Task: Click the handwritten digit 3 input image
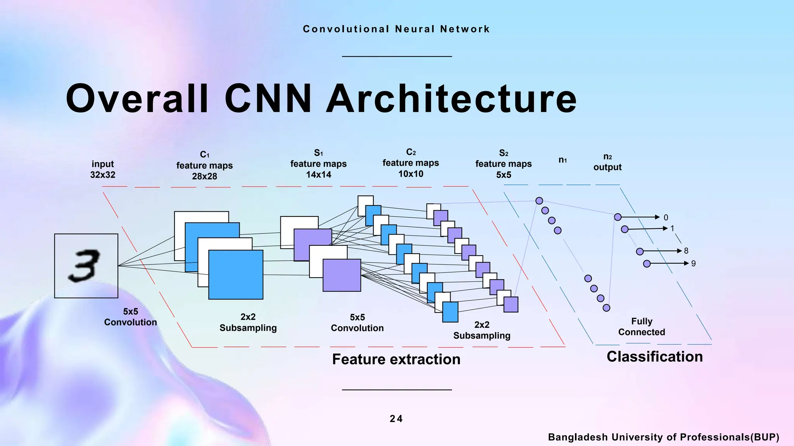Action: (86, 266)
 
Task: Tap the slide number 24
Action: (396, 419)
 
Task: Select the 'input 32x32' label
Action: (103, 170)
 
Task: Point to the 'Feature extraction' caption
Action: (396, 359)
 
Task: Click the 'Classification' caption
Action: (654, 357)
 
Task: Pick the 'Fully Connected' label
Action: (642, 327)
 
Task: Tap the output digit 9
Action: (693, 264)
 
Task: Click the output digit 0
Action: (666, 218)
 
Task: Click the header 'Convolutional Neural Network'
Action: (396, 29)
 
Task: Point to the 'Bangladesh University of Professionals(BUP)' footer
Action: (663, 437)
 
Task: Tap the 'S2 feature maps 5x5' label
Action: (504, 164)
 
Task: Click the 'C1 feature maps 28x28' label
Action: (205, 166)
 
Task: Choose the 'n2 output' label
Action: (608, 162)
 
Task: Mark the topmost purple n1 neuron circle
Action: (539, 201)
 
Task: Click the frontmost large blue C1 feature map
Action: (236, 274)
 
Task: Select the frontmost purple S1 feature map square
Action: (342, 275)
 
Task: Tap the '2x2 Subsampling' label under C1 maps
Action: (248, 322)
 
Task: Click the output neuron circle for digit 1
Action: (625, 229)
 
